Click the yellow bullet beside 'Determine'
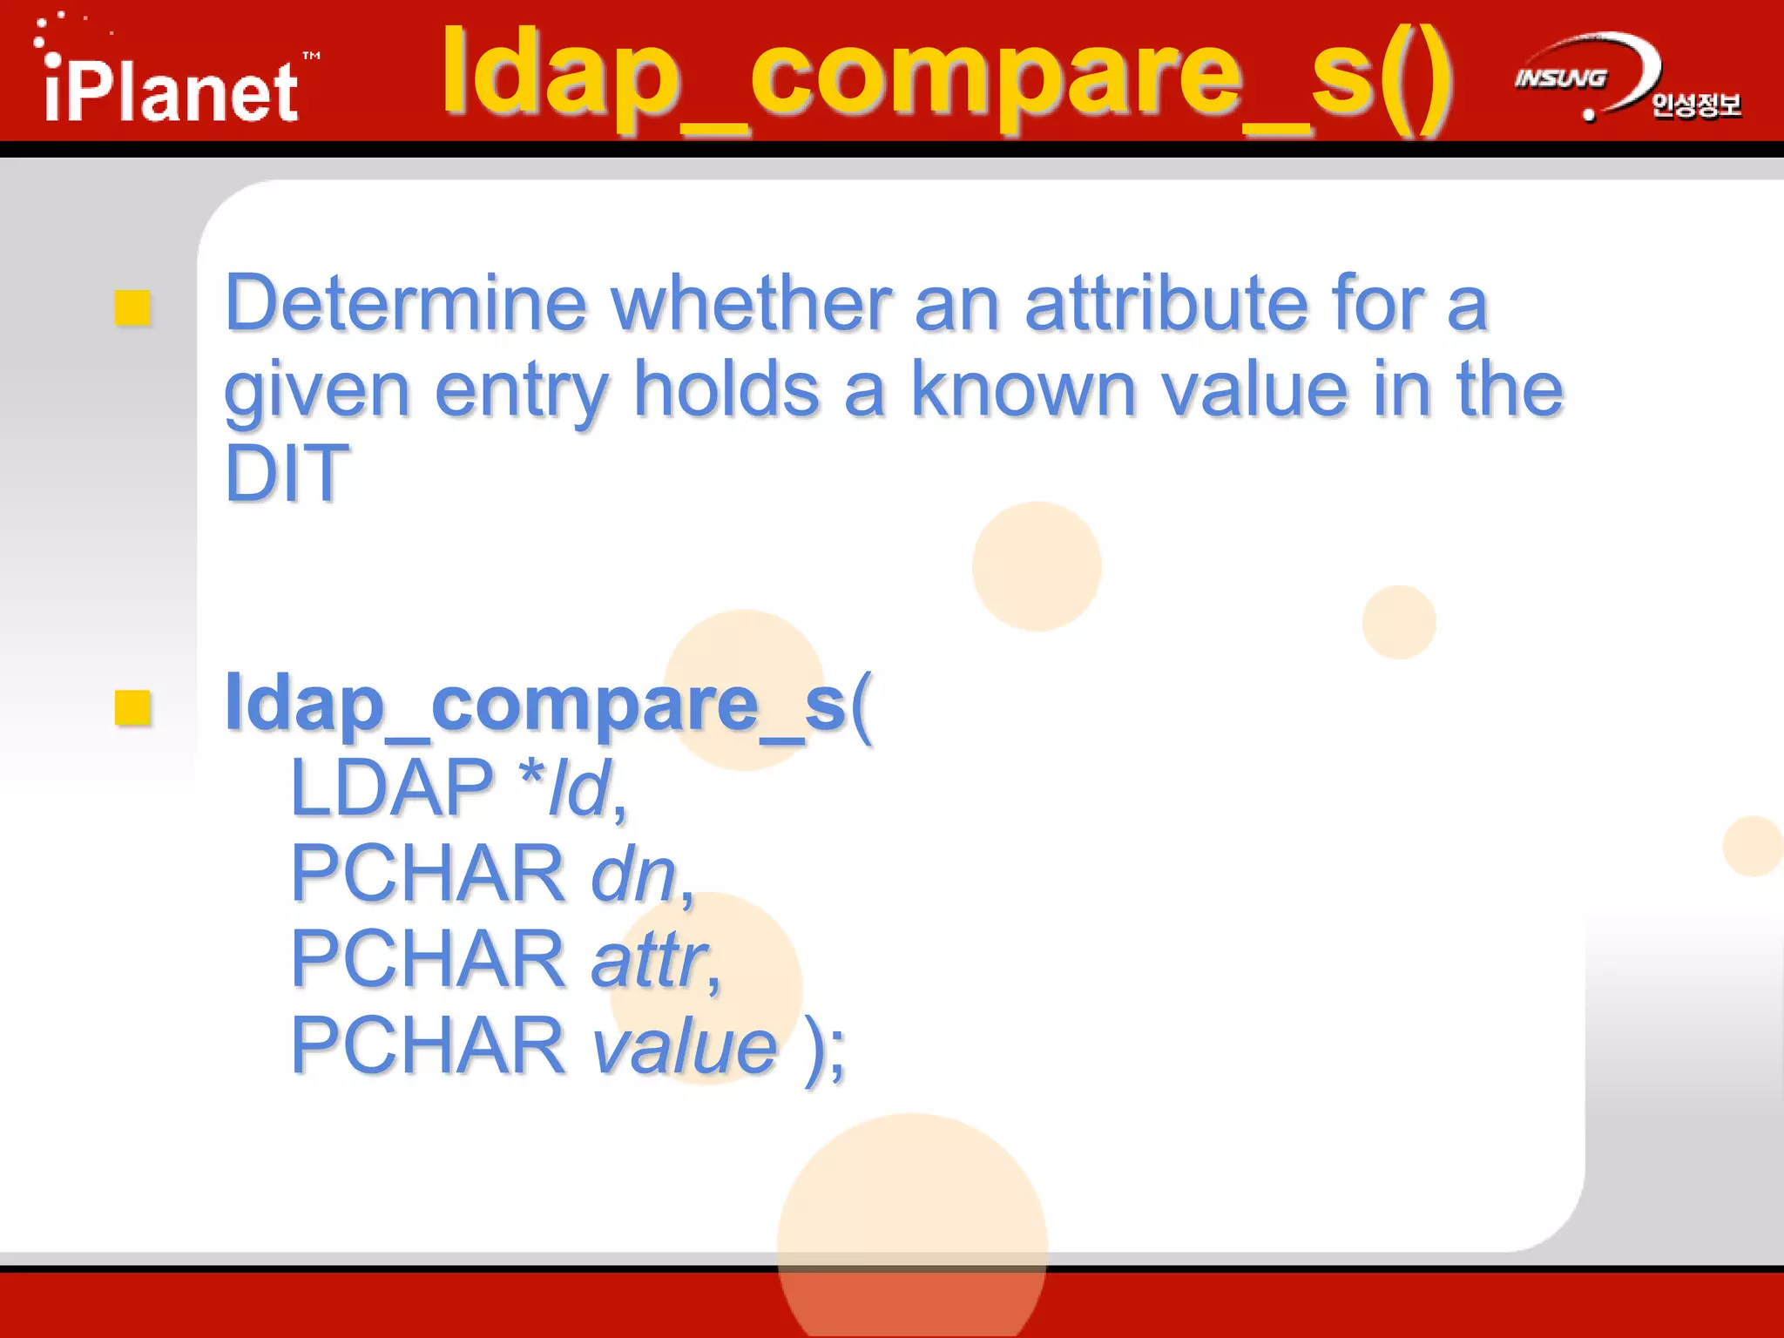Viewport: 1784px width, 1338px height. coord(133,307)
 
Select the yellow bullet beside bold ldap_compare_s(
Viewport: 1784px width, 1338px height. coord(133,707)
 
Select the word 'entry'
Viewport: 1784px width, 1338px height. coord(521,391)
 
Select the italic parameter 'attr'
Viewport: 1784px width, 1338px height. coord(650,959)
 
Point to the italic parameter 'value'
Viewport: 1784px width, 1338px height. coord(684,1045)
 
